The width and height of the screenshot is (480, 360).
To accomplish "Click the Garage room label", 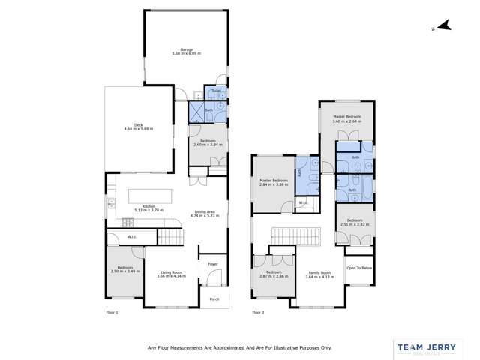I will (x=186, y=50).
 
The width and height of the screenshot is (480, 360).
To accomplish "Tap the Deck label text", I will (x=138, y=124).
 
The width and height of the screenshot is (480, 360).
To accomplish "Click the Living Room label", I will (x=172, y=272).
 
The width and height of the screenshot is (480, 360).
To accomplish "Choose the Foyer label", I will (x=211, y=265).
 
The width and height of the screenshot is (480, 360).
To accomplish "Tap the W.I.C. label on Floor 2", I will (x=304, y=203).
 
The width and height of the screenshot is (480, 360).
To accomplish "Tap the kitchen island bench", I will (x=148, y=196).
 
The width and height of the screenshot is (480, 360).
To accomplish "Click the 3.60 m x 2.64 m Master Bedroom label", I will (x=353, y=118).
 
